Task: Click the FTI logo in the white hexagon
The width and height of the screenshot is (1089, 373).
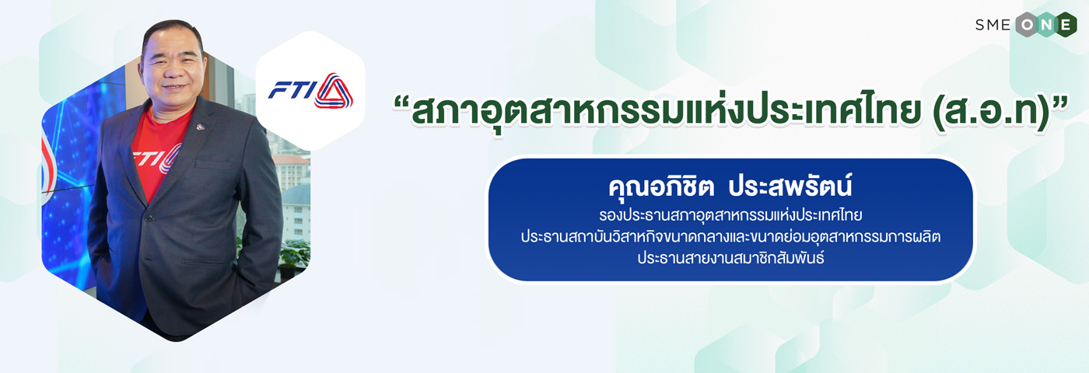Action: point(310,91)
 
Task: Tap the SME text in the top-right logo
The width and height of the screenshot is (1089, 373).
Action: point(993,25)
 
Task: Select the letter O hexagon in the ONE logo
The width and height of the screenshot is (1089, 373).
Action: point(1028,25)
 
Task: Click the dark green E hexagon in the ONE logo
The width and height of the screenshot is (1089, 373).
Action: point(1065,25)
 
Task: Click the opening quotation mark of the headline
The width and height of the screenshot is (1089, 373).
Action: point(401,103)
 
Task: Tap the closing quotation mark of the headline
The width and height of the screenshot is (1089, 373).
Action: point(1059,103)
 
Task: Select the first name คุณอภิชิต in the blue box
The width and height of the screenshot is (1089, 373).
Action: point(661,186)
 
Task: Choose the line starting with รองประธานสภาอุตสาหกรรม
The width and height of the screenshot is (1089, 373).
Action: point(730,214)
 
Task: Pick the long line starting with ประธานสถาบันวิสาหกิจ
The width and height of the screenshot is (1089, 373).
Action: point(730,236)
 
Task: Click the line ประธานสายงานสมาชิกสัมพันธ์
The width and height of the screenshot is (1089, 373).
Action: point(730,257)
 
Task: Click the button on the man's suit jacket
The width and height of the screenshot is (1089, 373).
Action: point(149,219)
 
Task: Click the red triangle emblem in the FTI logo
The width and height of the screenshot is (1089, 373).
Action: point(334,91)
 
